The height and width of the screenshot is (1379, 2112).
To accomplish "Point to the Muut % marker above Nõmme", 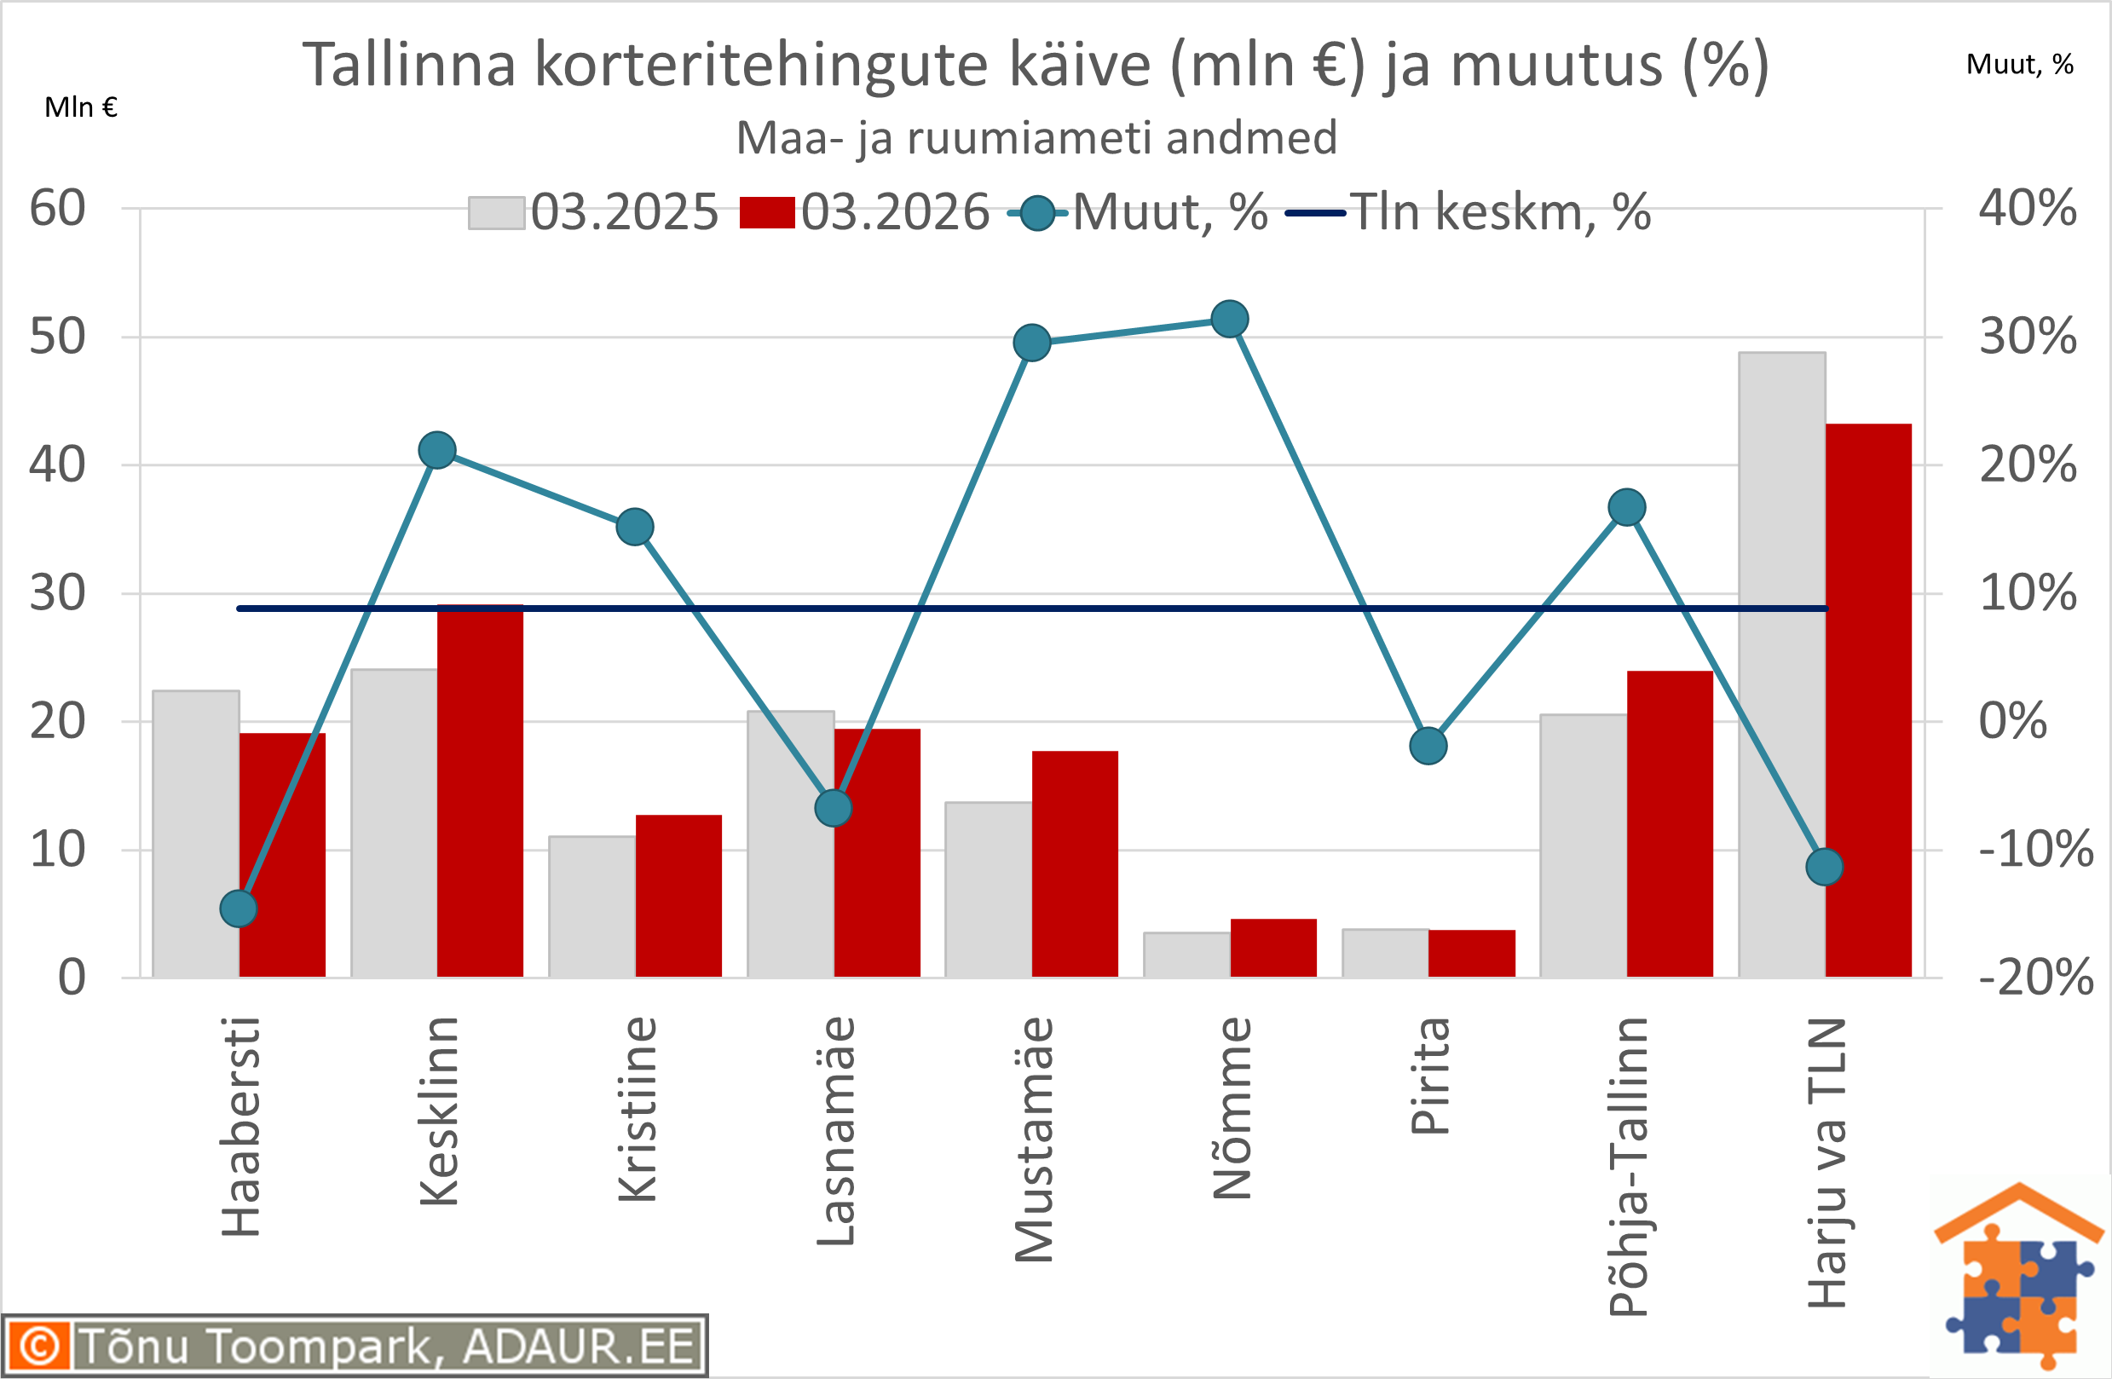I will point(1230,319).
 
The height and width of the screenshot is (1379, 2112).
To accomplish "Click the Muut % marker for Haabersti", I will point(239,909).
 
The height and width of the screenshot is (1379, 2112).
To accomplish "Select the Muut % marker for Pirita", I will point(1428,747).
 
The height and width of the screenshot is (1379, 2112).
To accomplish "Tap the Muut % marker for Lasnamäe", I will point(834,809).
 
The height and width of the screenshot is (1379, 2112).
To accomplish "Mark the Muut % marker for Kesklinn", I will point(437,451).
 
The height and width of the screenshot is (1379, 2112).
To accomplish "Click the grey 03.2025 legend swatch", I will point(496,213).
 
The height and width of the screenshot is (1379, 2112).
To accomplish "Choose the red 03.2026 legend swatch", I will point(767,213).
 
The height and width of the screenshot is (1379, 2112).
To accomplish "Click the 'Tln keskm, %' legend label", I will point(1501,213).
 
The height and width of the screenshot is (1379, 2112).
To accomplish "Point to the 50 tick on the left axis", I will point(58,338).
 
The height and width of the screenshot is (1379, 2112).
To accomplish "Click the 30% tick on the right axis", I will point(2028,338).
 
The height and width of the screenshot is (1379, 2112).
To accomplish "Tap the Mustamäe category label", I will point(1034,1140).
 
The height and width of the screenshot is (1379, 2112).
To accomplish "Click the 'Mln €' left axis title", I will point(81,107).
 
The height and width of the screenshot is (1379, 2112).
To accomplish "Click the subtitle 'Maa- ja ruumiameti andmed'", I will point(1036,138).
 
